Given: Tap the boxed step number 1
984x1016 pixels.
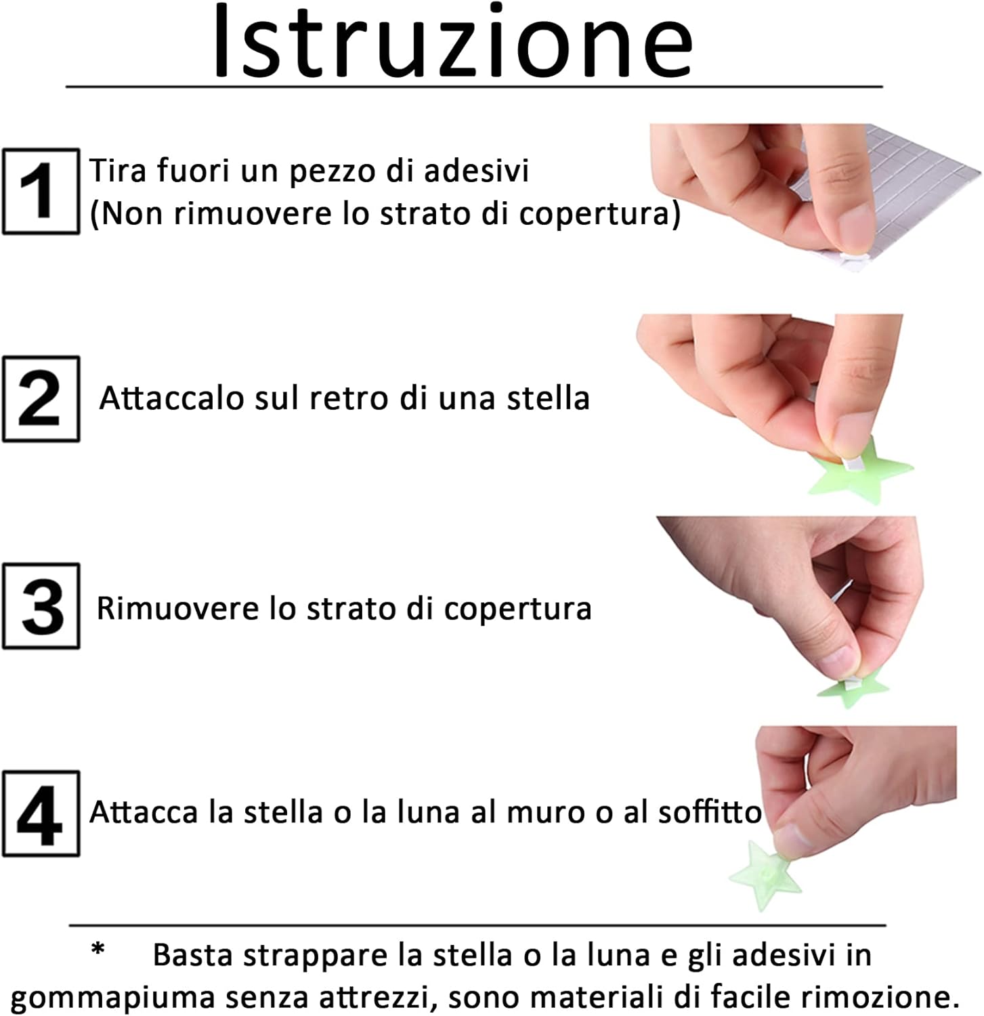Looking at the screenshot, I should tap(41, 192).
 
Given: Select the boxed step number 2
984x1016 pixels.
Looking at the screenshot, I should tap(41, 399).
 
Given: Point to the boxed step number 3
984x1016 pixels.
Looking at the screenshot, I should tap(41, 606).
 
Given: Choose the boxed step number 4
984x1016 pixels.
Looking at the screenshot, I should tap(41, 813).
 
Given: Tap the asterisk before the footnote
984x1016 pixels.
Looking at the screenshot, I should tap(99, 950).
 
